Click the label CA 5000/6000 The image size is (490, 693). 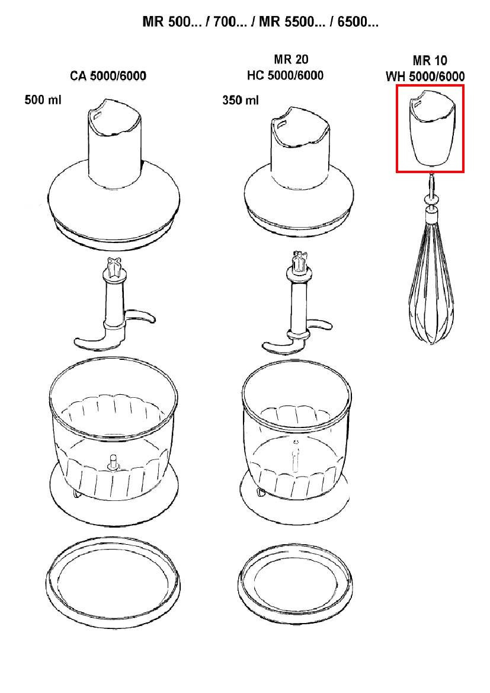click(108, 76)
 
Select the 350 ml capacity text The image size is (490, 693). click(241, 100)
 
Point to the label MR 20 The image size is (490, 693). click(291, 60)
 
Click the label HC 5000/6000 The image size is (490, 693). click(285, 75)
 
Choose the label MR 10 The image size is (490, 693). click(430, 60)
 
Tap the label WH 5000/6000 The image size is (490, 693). click(425, 76)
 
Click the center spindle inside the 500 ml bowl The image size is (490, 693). click(111, 461)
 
